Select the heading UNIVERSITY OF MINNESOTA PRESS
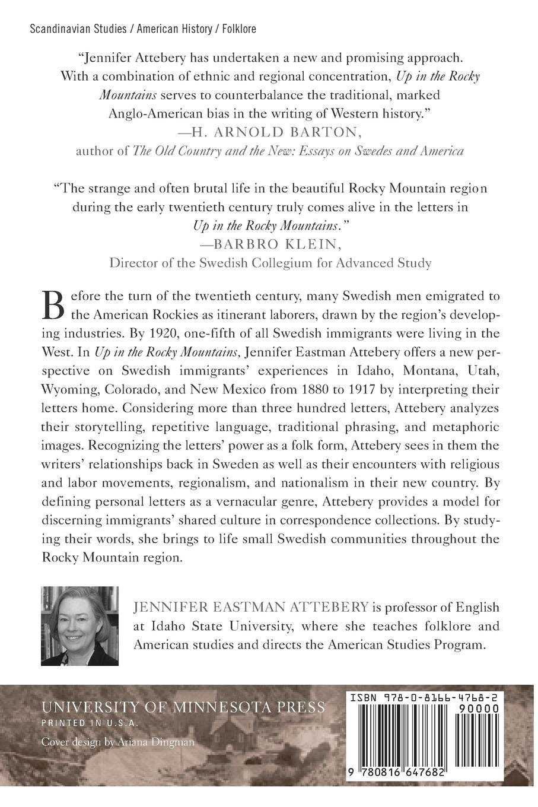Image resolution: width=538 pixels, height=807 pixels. (x=183, y=707)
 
